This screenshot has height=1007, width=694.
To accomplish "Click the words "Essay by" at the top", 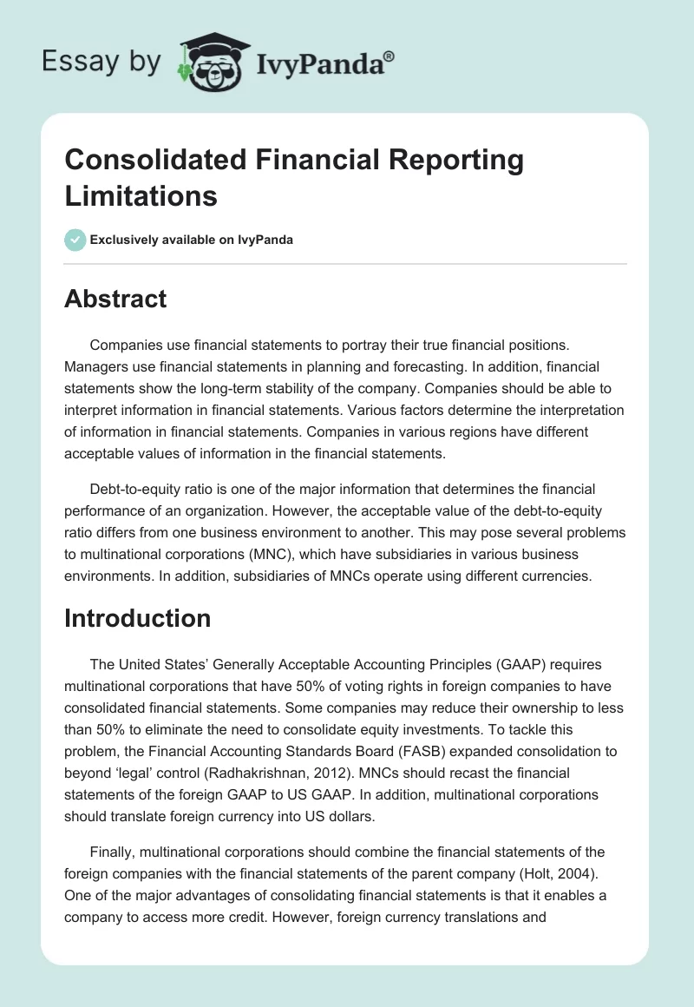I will [x=101, y=62].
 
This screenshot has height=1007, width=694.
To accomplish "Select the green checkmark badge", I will [x=75, y=240].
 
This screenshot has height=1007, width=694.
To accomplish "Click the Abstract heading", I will [x=115, y=299].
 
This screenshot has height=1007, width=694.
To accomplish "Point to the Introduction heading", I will [x=138, y=618].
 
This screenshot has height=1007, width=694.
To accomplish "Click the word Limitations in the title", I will [x=141, y=195].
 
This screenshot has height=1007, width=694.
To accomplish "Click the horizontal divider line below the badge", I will [x=346, y=263].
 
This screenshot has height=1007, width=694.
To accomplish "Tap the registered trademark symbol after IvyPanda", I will [x=389, y=56].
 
